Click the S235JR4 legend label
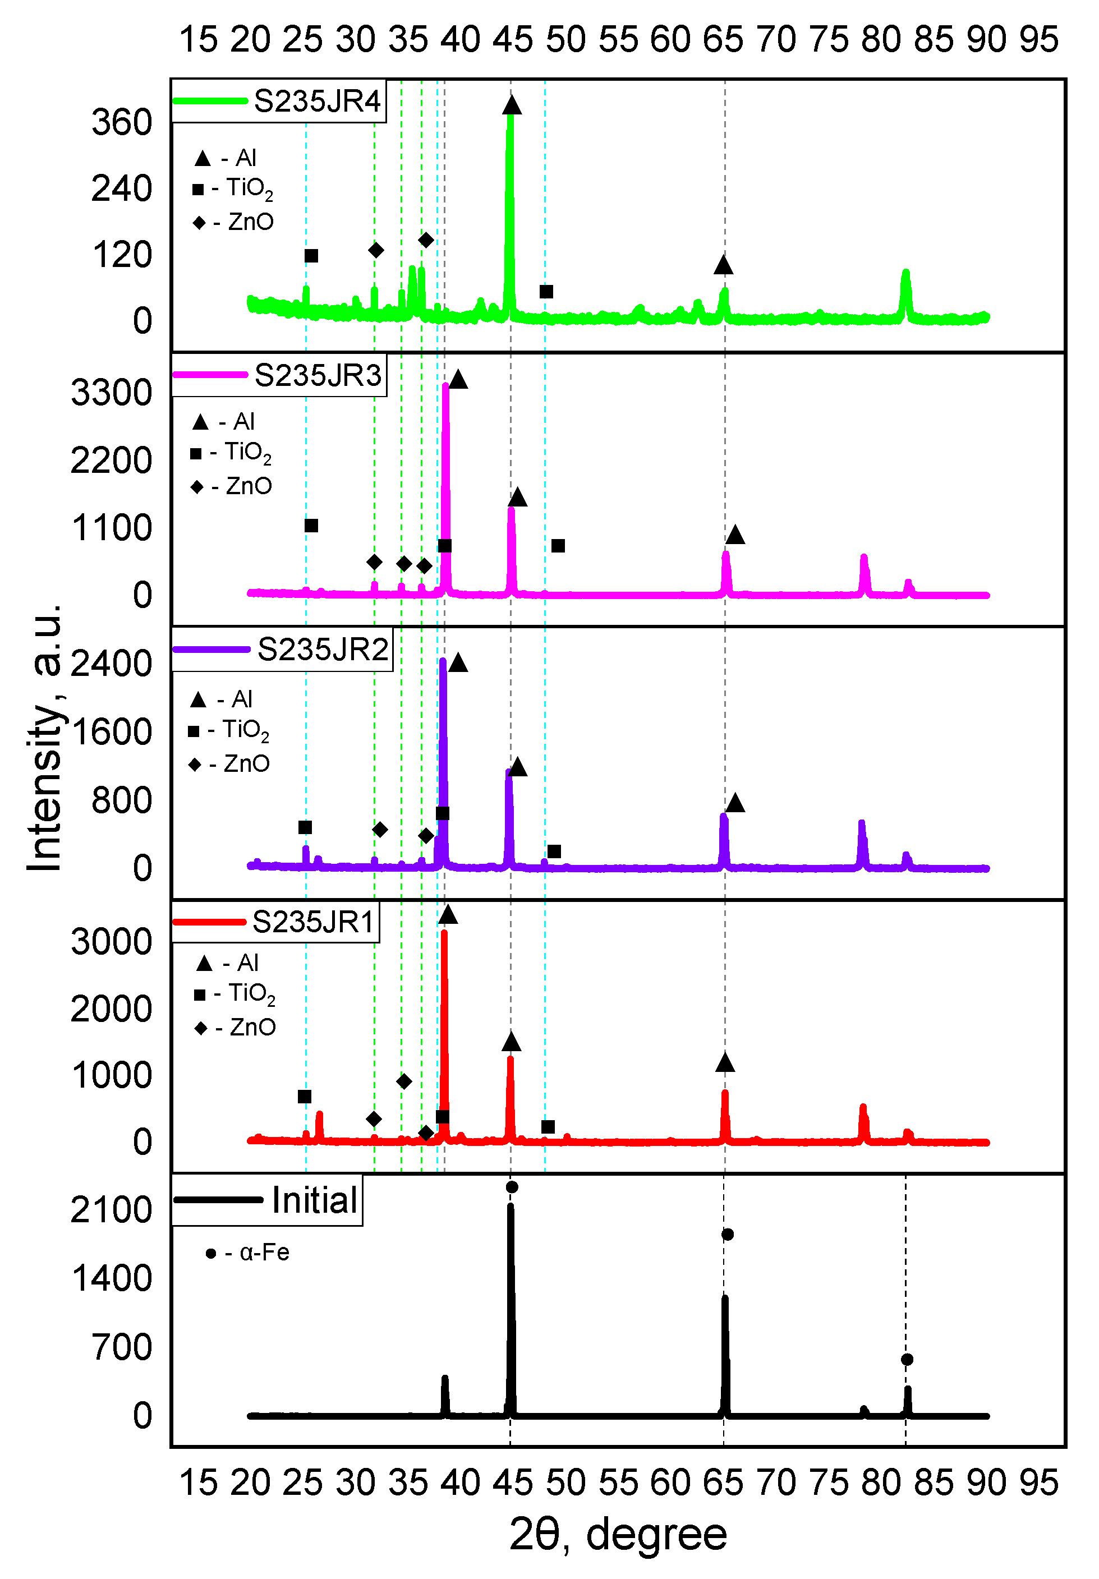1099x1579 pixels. pos(316,102)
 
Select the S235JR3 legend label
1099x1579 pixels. pos(317,375)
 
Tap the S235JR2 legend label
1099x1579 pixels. pos(322,649)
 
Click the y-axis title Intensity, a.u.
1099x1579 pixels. pos(45,739)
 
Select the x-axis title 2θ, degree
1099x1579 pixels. pos(618,1534)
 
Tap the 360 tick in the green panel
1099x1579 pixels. pos(122,123)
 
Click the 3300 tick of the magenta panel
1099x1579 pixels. pos(112,393)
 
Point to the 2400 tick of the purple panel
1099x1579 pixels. pos(112,664)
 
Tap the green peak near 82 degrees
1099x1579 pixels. pos(905,289)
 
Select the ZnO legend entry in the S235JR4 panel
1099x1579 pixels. pos(242,222)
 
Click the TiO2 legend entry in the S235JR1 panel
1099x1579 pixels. pos(244,995)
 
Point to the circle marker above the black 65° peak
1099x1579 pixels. pos(727,1235)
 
